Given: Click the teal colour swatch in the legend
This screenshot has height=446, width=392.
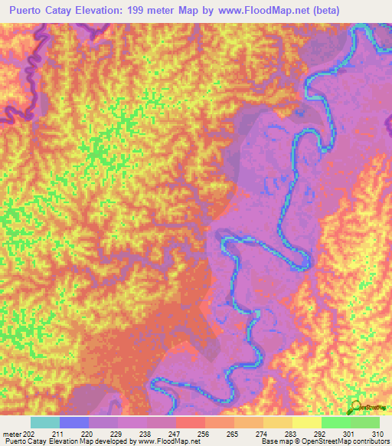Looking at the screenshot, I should point(45,422).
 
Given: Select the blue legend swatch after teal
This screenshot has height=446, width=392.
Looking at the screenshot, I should point(74,422).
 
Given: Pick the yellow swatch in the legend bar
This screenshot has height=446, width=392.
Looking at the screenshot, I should point(306,422).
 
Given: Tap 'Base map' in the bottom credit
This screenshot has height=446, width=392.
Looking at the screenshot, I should point(273,441).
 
